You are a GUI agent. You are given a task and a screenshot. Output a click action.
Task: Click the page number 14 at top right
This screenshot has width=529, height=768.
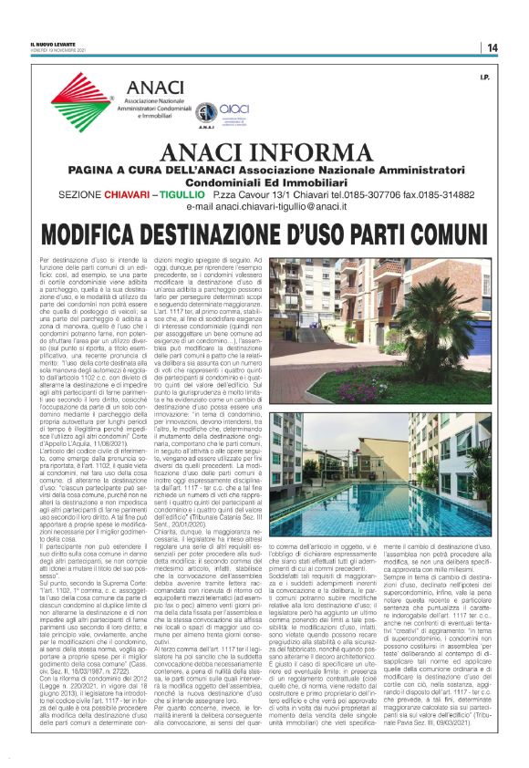pyautogui.click(x=493, y=47)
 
